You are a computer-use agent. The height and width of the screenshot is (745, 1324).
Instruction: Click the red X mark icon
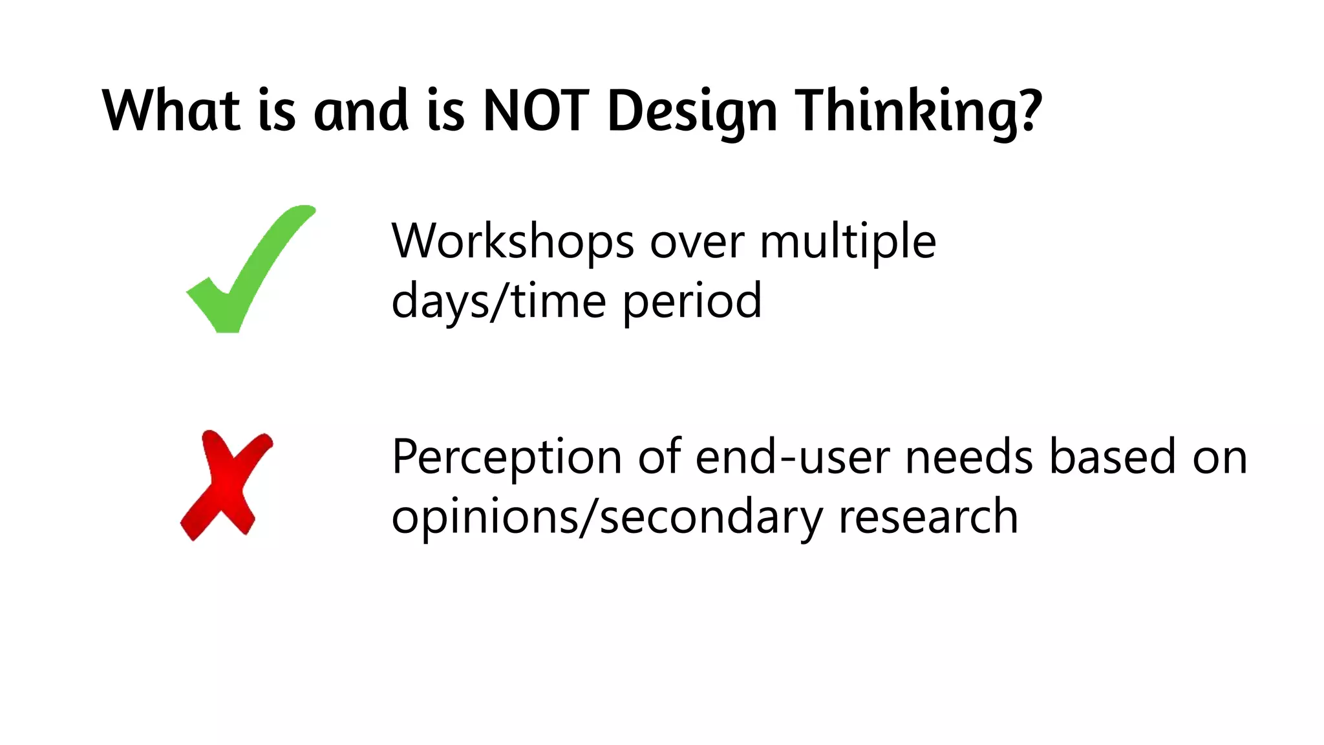click(x=226, y=485)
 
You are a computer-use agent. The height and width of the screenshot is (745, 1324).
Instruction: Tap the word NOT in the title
click(x=536, y=111)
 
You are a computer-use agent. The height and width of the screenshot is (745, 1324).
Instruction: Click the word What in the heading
click(x=171, y=111)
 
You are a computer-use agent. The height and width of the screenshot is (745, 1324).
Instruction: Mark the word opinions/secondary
click(x=607, y=518)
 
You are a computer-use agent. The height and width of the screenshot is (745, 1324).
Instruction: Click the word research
click(x=928, y=517)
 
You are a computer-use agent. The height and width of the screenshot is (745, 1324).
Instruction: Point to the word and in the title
click(x=361, y=111)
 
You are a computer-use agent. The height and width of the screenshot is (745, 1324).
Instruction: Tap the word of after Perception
click(x=659, y=457)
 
